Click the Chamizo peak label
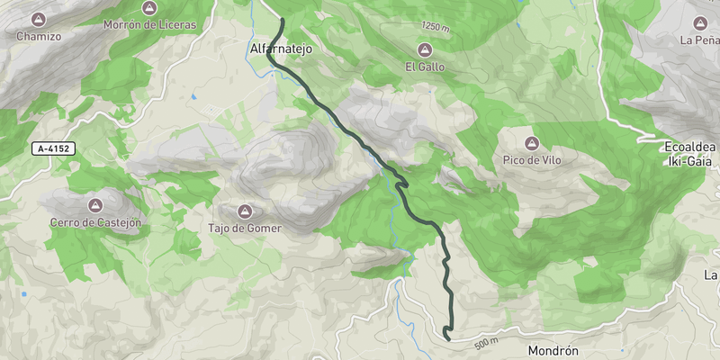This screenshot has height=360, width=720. point(39,37)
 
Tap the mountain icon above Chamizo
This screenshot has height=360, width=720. point(39,19)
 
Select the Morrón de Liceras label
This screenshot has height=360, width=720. point(149,25)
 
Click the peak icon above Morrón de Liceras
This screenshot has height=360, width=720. point(149,7)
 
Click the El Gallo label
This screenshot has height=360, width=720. point(424,67)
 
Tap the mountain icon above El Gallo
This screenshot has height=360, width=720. point(424,49)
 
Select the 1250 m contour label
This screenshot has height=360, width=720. point(434,28)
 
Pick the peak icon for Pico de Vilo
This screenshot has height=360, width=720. point(531,143)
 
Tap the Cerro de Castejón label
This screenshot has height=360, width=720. point(97,222)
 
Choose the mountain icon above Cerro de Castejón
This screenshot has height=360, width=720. point(97,204)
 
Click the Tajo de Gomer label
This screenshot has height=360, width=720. point(245,229)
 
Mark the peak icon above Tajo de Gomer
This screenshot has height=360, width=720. point(244,211)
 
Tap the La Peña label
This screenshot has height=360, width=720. point(700,40)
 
